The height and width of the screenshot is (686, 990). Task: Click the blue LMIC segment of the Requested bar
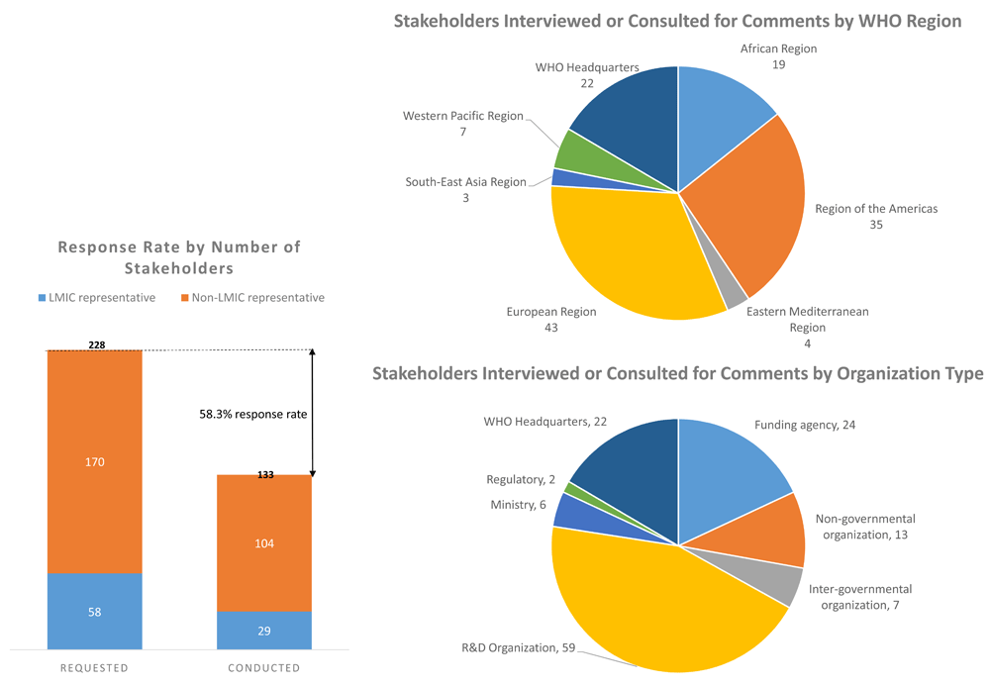pyautogui.click(x=94, y=611)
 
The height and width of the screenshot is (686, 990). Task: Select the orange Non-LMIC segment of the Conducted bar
pyautogui.click(x=263, y=542)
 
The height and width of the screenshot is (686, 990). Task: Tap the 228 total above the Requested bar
pyautogui.click(x=96, y=344)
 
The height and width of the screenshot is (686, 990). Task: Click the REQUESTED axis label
pyautogui.click(x=94, y=668)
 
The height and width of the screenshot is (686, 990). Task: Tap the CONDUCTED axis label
pyautogui.click(x=263, y=668)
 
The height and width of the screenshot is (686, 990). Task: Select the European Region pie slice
pyautogui.click(x=624, y=257)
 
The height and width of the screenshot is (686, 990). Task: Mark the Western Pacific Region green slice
pyautogui.click(x=572, y=150)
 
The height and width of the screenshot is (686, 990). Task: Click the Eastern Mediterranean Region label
pyautogui.click(x=807, y=320)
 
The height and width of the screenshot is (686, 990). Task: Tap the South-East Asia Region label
pyautogui.click(x=465, y=182)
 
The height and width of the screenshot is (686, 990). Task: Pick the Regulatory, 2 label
pyautogui.click(x=521, y=480)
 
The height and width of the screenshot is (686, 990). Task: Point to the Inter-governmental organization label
pyautogui.click(x=859, y=597)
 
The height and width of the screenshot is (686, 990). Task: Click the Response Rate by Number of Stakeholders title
pyautogui.click(x=179, y=257)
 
